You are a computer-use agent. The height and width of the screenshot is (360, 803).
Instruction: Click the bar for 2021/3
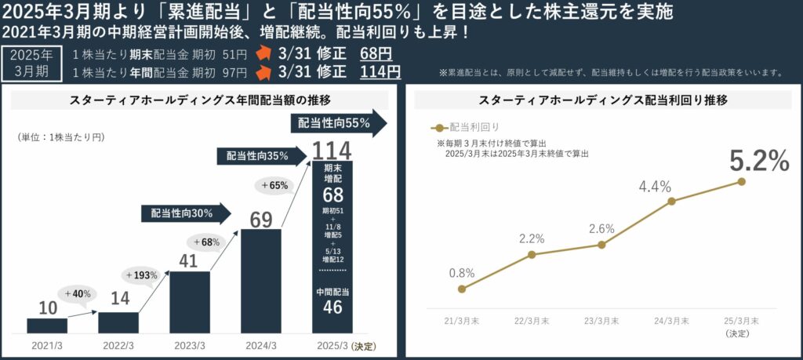(x=47, y=325)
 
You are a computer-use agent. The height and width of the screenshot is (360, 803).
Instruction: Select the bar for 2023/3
(x=190, y=302)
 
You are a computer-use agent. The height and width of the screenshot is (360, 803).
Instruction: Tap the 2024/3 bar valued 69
(x=261, y=281)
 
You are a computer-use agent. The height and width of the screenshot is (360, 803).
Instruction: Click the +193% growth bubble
(x=141, y=275)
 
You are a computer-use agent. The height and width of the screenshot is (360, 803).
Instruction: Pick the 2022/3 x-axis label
(x=118, y=346)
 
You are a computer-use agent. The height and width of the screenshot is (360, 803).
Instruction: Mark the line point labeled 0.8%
(x=462, y=289)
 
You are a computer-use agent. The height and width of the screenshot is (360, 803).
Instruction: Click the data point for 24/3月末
(x=672, y=202)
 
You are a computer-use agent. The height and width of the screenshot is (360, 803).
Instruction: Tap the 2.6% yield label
(x=601, y=228)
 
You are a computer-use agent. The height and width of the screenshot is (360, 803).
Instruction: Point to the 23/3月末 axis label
(x=601, y=321)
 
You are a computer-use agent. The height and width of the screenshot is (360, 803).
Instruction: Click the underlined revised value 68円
(x=376, y=54)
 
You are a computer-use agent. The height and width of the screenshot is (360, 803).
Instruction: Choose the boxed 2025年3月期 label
(x=31, y=62)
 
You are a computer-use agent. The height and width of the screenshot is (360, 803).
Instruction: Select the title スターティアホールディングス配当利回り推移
(x=603, y=100)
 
